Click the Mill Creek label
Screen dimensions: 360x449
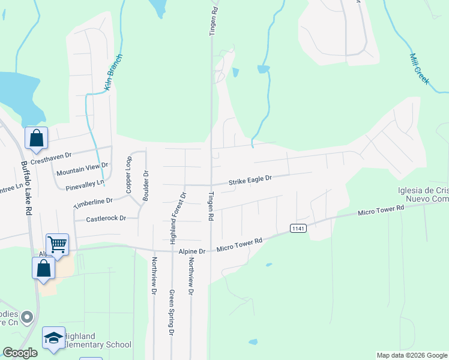(420, 68)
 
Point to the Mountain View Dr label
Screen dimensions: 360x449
(82, 169)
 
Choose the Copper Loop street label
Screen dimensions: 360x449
(128, 175)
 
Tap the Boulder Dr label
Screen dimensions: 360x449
(145, 186)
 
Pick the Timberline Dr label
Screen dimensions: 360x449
(92, 203)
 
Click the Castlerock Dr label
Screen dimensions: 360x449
(106, 219)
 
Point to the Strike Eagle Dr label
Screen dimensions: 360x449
(250, 179)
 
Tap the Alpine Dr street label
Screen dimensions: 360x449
(194, 251)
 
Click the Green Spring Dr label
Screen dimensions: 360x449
(171, 312)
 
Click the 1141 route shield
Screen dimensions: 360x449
(298, 228)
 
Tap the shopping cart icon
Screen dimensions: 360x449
(57, 244)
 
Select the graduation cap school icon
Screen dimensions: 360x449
(53, 338)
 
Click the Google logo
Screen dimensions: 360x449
(20, 353)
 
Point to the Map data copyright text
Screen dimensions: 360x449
(411, 355)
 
